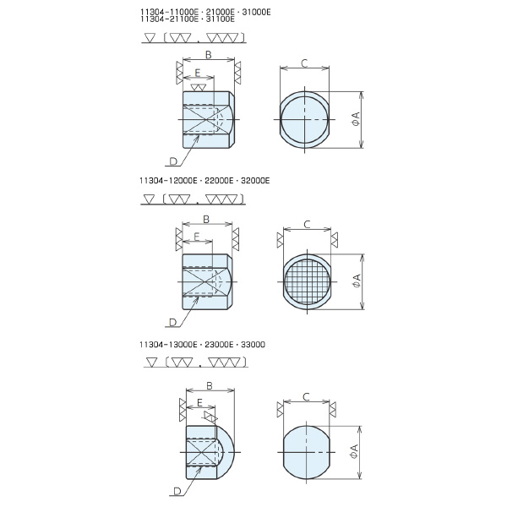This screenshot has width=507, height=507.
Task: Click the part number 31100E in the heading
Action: coord(221,19)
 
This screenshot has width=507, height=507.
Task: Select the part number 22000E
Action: coord(219,181)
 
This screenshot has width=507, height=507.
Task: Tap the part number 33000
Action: coord(253,345)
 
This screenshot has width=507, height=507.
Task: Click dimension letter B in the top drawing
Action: coord(209,55)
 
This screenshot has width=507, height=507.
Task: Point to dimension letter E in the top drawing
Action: coord(198,73)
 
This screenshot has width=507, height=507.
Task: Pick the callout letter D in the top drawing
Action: coord(173,161)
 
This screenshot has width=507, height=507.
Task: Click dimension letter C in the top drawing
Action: coord(304,63)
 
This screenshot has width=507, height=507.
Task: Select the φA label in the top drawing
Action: coord(356,119)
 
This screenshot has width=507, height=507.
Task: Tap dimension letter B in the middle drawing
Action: coord(206,219)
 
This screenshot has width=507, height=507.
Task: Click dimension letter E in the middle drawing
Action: coord(197,237)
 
